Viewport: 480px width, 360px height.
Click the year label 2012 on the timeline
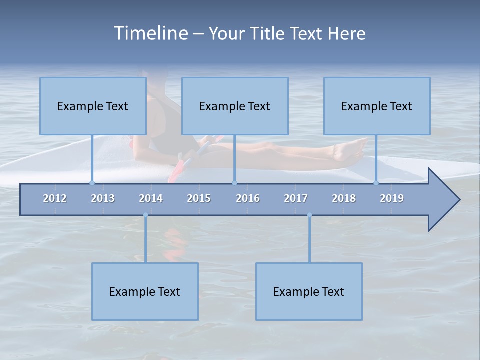coord(55,198)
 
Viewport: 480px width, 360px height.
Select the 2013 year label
coord(103,198)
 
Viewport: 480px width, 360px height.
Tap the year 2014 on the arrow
coord(151,198)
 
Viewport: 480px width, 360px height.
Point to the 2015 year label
coord(199,198)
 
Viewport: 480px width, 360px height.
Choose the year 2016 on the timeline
coord(248,198)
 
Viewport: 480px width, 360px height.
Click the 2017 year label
coord(296,198)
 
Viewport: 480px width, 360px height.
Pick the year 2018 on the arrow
coord(344,198)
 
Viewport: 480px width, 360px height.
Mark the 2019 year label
coord(392,198)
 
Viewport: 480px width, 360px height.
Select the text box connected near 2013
coord(93,106)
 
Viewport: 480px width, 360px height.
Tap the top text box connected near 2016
coord(235,106)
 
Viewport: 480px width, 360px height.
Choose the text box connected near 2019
coord(377,106)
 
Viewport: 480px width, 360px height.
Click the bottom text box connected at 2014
coord(145,291)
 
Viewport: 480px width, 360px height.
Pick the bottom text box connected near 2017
coord(309,291)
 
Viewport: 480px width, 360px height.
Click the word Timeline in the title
coord(149,33)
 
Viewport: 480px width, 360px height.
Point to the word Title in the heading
coord(270,34)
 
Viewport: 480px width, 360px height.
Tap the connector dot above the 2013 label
coord(92,183)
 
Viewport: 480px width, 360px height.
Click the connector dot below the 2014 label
coord(145,215)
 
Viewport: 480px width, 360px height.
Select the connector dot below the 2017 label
coord(309,215)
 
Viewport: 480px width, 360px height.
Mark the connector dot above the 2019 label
coord(376,183)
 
